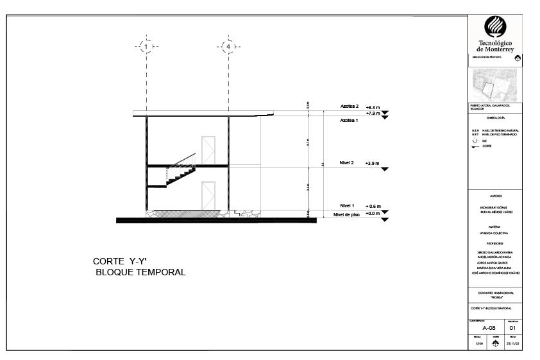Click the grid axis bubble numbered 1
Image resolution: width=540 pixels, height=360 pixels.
click(x=146, y=47)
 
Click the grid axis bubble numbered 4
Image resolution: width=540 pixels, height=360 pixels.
click(x=228, y=47)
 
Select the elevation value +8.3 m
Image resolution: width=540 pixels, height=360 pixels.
click(x=373, y=107)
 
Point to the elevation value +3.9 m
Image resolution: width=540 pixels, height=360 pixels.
click(x=372, y=164)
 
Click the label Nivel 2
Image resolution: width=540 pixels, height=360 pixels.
click(x=348, y=164)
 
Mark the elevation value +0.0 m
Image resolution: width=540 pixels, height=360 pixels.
click(x=372, y=213)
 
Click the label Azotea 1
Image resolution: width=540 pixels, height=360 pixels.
click(x=349, y=120)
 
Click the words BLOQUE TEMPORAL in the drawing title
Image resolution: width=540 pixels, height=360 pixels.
click(x=140, y=272)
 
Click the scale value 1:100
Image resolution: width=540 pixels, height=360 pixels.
click(x=478, y=343)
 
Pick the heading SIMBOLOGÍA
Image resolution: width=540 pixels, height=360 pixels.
click(x=496, y=118)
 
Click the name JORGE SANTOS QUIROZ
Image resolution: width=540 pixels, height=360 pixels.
click(x=496, y=262)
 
